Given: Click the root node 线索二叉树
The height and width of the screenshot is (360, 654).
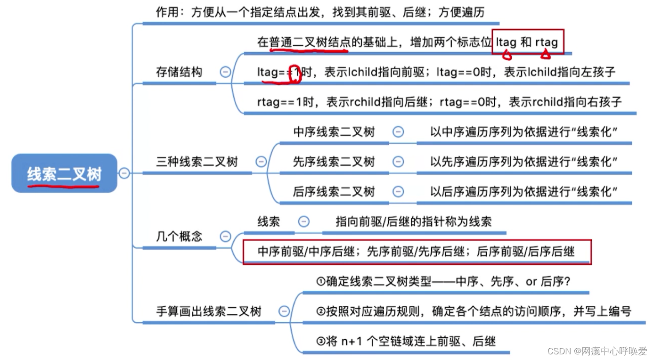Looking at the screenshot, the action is click(x=64, y=174).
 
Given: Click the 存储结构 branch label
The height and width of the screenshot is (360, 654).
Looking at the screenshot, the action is click(x=179, y=72).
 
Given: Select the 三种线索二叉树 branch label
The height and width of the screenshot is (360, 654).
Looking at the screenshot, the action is click(x=197, y=162).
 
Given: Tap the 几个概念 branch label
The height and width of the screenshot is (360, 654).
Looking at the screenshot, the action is click(x=179, y=237).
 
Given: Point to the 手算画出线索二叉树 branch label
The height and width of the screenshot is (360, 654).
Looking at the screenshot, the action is click(x=209, y=311).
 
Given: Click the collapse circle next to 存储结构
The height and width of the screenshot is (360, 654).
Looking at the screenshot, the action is click(x=225, y=72).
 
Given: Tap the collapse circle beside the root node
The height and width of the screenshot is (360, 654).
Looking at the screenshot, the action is click(x=124, y=173).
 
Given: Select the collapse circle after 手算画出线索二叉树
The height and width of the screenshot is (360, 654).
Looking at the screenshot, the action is click(x=284, y=311).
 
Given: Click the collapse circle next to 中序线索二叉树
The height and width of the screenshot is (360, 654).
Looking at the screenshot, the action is click(x=398, y=132).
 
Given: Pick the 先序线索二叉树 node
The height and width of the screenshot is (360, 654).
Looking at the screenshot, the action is click(x=334, y=162).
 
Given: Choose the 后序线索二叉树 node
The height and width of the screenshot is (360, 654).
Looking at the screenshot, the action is click(x=334, y=192).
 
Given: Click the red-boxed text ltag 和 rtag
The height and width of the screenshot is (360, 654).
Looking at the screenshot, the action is click(x=527, y=42).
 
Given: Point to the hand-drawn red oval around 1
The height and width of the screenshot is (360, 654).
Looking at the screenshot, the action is click(x=295, y=74).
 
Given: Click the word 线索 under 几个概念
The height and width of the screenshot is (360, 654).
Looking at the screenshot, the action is click(x=269, y=221).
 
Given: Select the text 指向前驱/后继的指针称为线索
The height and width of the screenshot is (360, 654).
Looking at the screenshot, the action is click(x=414, y=221).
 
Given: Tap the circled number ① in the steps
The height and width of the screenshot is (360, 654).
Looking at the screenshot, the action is click(x=321, y=282).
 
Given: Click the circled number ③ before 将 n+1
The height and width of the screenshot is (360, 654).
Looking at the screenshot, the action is click(x=321, y=341).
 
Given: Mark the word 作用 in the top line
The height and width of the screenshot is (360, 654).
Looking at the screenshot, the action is click(x=167, y=12).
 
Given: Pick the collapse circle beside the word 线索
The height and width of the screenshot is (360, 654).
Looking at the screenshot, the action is click(x=304, y=221).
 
